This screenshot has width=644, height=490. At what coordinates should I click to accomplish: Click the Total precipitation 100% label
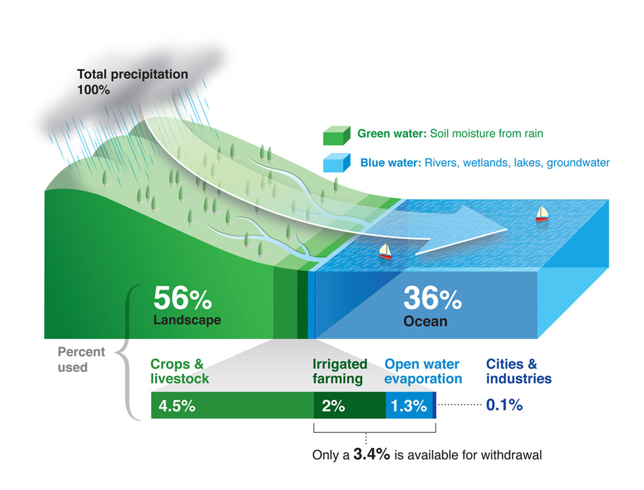[x=132, y=81]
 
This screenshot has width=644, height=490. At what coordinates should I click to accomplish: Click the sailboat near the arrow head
[x=542, y=213]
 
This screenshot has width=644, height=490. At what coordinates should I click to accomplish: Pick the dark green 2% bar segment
[x=349, y=405]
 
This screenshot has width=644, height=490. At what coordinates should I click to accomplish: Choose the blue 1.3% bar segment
[x=409, y=405]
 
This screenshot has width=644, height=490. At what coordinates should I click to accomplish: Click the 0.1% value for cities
[x=504, y=405]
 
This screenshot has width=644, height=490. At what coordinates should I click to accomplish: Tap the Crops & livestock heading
[x=180, y=371]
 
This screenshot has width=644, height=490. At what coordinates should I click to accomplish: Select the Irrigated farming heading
[x=339, y=371]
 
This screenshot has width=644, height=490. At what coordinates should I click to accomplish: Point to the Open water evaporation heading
[x=423, y=371]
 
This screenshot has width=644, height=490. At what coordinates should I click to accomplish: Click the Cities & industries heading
[x=518, y=371]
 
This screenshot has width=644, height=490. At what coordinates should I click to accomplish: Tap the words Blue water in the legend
[x=389, y=162]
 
